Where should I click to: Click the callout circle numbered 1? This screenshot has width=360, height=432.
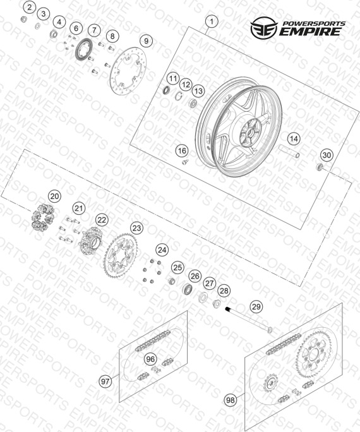click(212, 21)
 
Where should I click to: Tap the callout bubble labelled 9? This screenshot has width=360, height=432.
click(146, 41)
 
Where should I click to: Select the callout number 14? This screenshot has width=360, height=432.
click(294, 139)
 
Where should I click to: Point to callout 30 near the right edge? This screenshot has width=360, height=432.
click(327, 155)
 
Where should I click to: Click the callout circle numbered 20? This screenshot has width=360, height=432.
click(54, 196)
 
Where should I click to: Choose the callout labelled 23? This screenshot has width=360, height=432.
click(136, 228)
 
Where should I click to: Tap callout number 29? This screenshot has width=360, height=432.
click(256, 307)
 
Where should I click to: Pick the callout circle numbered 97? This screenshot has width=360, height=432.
click(105, 381)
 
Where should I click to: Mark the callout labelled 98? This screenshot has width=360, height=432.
click(231, 400)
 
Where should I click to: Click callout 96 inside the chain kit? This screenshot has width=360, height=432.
click(150, 359)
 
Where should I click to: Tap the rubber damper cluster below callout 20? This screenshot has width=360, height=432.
click(42, 217)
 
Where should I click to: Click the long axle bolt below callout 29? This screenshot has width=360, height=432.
click(249, 319)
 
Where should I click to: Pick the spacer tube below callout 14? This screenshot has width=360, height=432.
click(289, 152)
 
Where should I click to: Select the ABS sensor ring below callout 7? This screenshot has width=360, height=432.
click(84, 49)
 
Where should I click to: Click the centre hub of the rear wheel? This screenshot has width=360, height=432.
click(250, 134)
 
